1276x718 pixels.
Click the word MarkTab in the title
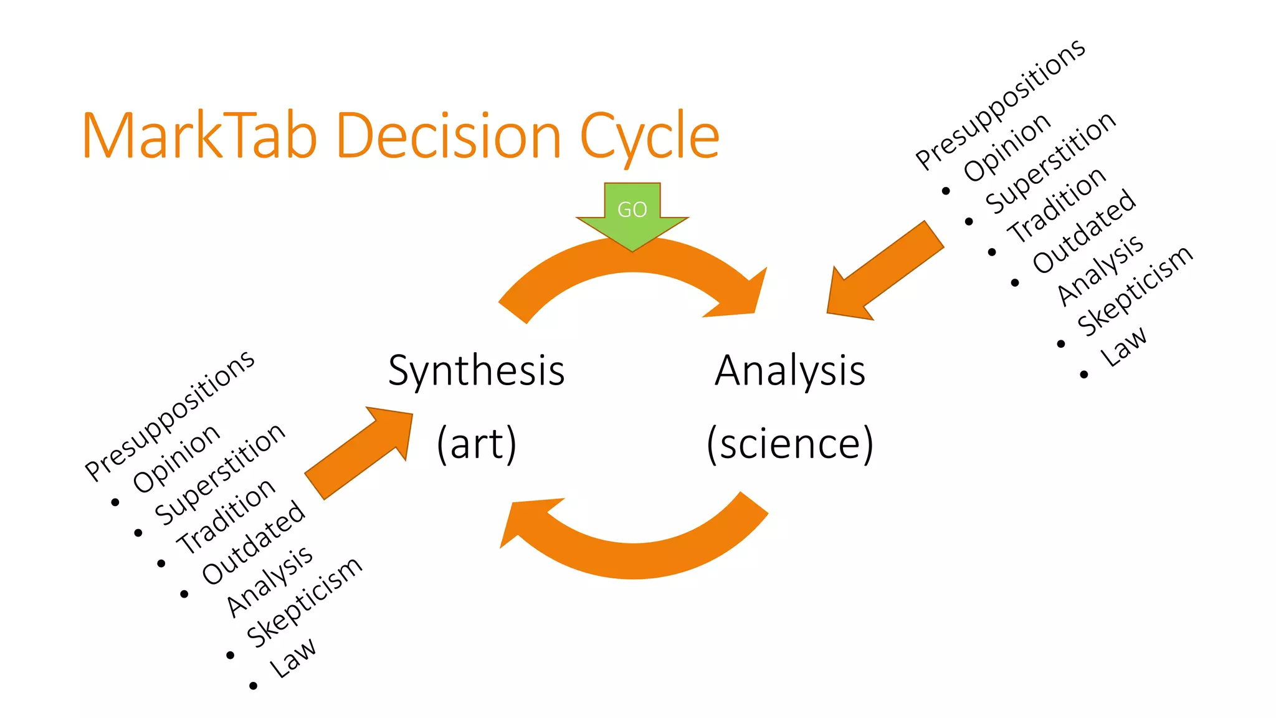coord(199,136)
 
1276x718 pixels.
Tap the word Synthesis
coord(476,371)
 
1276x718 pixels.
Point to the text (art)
coord(477,444)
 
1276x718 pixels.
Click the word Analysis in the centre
coord(790,371)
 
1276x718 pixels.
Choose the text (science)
coord(790,444)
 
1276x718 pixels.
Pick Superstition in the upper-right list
coord(1050,163)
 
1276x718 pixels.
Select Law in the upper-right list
coord(1123,347)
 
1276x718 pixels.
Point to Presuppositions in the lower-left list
coord(169,416)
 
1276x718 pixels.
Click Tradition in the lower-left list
coord(226,517)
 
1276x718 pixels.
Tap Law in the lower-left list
coord(292,658)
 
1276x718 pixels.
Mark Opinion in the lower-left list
coord(176,459)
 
